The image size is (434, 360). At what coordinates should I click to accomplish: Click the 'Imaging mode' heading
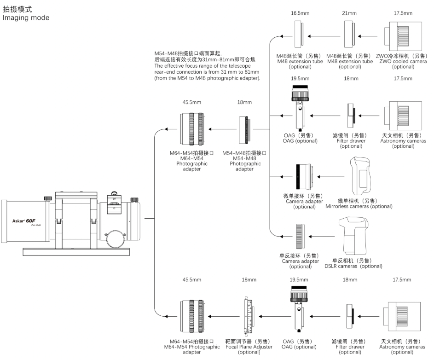(26, 17)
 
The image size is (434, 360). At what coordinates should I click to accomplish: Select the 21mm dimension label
(350, 13)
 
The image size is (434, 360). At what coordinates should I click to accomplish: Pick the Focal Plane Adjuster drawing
(248, 316)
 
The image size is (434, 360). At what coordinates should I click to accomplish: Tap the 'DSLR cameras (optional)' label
(353, 266)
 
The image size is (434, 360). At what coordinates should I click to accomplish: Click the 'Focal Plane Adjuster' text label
(249, 347)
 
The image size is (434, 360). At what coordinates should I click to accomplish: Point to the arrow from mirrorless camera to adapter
(330, 177)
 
